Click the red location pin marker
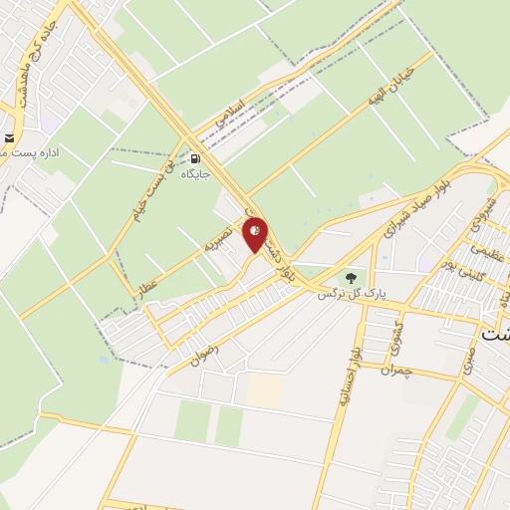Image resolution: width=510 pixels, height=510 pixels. click(255, 234)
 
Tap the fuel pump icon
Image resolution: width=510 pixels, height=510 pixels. click(196, 156)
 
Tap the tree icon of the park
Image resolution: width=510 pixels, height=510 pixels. click(349, 277)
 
